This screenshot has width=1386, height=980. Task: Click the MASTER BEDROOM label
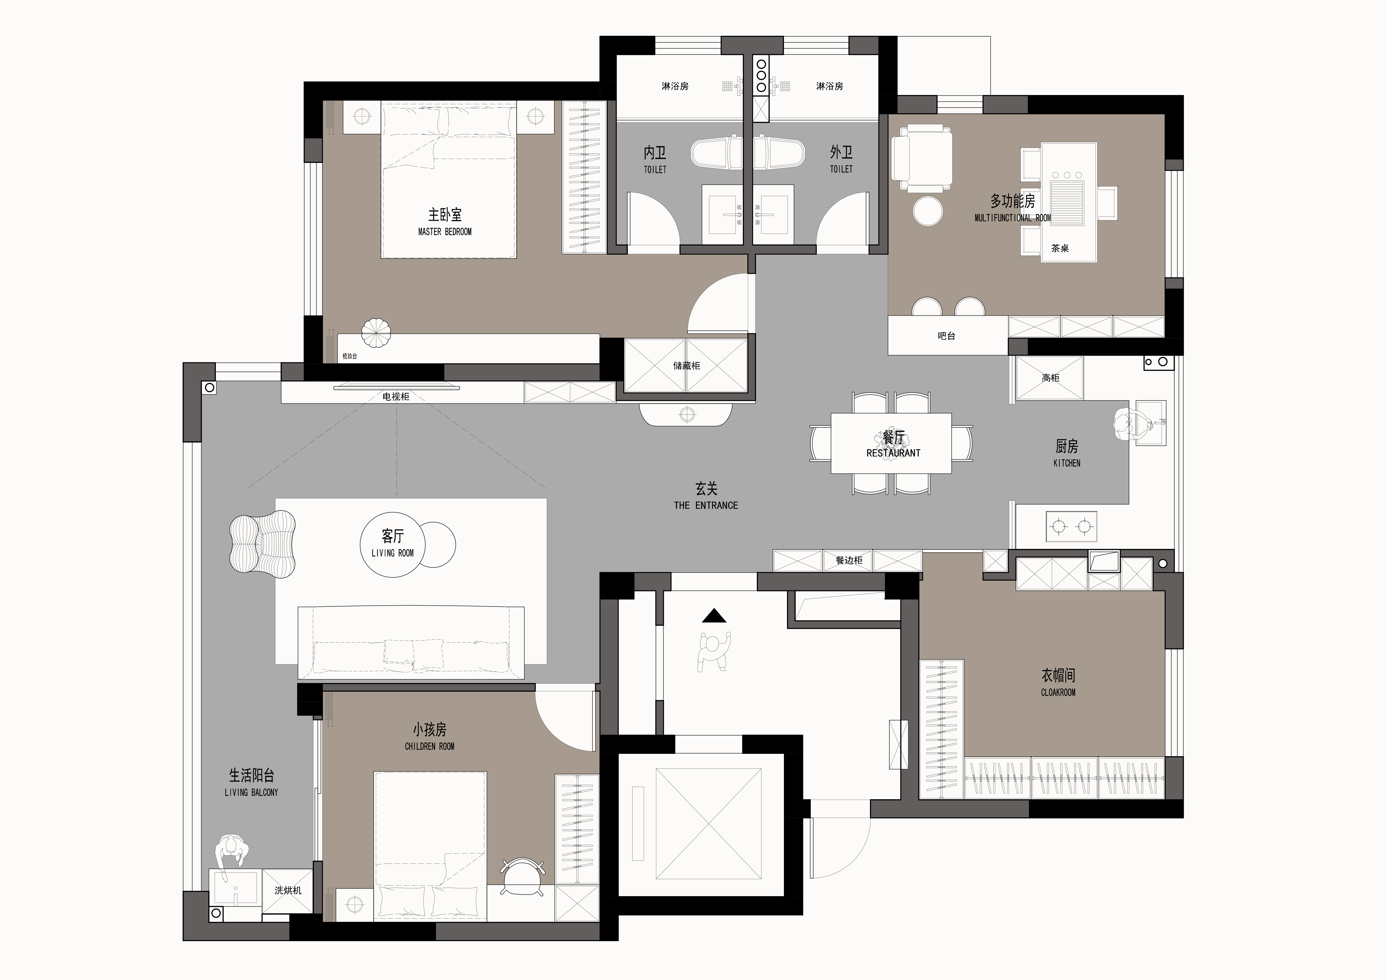click(x=445, y=232)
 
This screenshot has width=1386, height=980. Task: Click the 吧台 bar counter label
click(x=946, y=336)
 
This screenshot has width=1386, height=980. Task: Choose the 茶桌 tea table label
click(x=1060, y=248)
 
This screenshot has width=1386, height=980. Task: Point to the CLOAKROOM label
click(x=1058, y=693)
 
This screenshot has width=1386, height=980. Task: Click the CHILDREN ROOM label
click(x=430, y=746)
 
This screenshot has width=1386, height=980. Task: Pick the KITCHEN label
click(x=1067, y=463)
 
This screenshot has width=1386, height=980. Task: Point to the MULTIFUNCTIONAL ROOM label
click(x=1013, y=218)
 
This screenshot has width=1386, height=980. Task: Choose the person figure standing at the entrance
click(x=714, y=651)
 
